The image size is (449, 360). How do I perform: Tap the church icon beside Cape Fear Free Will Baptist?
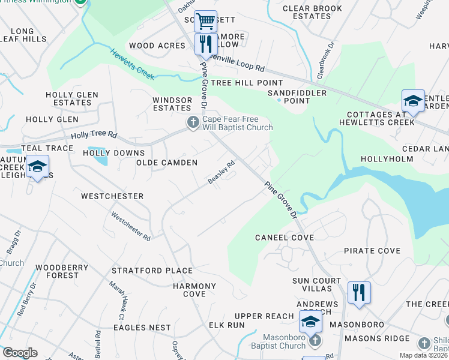193,122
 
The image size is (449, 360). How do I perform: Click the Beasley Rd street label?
221,173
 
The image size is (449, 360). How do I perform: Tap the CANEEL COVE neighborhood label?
284,238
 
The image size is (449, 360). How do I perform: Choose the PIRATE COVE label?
372,250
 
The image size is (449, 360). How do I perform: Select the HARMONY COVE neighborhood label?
190,290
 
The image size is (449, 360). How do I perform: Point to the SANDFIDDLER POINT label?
297,97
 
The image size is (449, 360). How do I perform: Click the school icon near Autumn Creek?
37,167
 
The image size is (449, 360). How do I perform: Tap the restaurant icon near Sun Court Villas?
359,293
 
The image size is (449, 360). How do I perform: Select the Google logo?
20,353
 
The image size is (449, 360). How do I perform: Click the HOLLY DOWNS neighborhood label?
113,153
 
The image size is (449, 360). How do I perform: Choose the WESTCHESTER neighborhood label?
112,196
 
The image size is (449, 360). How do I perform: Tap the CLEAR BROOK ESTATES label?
312,12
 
